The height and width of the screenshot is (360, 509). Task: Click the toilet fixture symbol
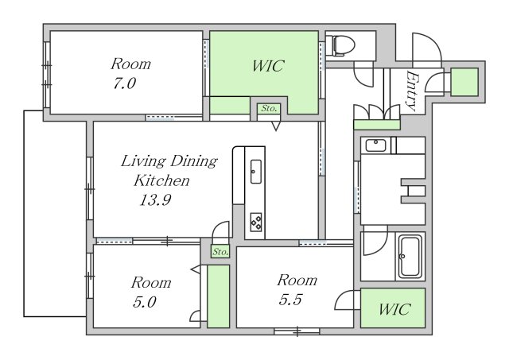pyautogui.click(x=340, y=45)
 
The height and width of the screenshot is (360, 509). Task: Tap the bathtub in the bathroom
pyautogui.click(x=410, y=256)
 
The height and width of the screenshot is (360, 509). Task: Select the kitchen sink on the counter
pyautogui.click(x=256, y=171)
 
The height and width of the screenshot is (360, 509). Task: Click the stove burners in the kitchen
pyautogui.click(x=256, y=223)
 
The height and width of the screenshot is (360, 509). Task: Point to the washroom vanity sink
pyautogui.click(x=375, y=145)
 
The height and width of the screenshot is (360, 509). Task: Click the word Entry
pyautogui.click(x=412, y=91)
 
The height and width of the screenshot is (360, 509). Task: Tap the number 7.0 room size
pyautogui.click(x=124, y=83)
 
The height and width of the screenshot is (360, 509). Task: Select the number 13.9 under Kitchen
pyautogui.click(x=155, y=199)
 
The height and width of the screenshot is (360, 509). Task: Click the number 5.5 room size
pyautogui.click(x=290, y=300)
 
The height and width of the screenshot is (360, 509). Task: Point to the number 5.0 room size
pyautogui.click(x=145, y=302)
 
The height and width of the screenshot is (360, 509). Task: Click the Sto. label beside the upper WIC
pyautogui.click(x=269, y=109)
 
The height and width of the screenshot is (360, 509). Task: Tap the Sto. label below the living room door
pyautogui.click(x=221, y=252)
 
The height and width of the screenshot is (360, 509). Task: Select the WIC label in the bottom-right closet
pyautogui.click(x=394, y=309)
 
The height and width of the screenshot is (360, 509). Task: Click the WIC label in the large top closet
pyautogui.click(x=269, y=66)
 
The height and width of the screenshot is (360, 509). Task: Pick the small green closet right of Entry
pyautogui.click(x=464, y=82)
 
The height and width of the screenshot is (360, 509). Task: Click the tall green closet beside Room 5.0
pyautogui.click(x=218, y=296)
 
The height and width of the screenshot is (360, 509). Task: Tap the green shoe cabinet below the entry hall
pyautogui.click(x=376, y=125)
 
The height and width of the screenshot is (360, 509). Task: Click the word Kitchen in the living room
pyautogui.click(x=161, y=180)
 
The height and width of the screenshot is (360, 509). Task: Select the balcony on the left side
pyautogui.click(x=55, y=214)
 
